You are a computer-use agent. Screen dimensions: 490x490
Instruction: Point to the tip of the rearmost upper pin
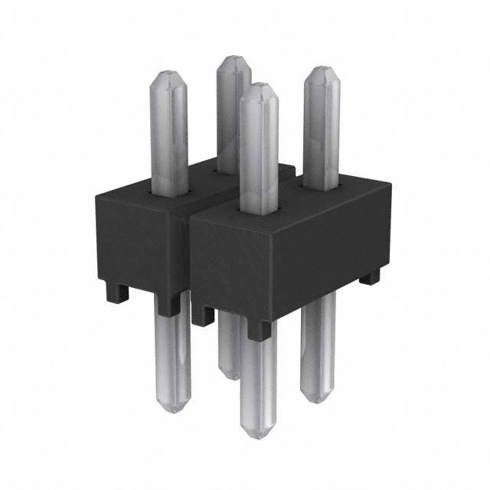click(x=234, y=58)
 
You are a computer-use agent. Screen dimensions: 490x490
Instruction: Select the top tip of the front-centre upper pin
click(x=258, y=86)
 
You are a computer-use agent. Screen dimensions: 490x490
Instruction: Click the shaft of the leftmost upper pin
click(x=168, y=138)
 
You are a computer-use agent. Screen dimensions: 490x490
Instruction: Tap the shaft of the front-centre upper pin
click(x=258, y=153)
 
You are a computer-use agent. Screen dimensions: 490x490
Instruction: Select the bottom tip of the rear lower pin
click(x=229, y=375)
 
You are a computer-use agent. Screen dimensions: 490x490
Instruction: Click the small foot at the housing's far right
click(x=370, y=278)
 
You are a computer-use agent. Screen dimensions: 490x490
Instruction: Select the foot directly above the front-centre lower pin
click(x=259, y=329)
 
